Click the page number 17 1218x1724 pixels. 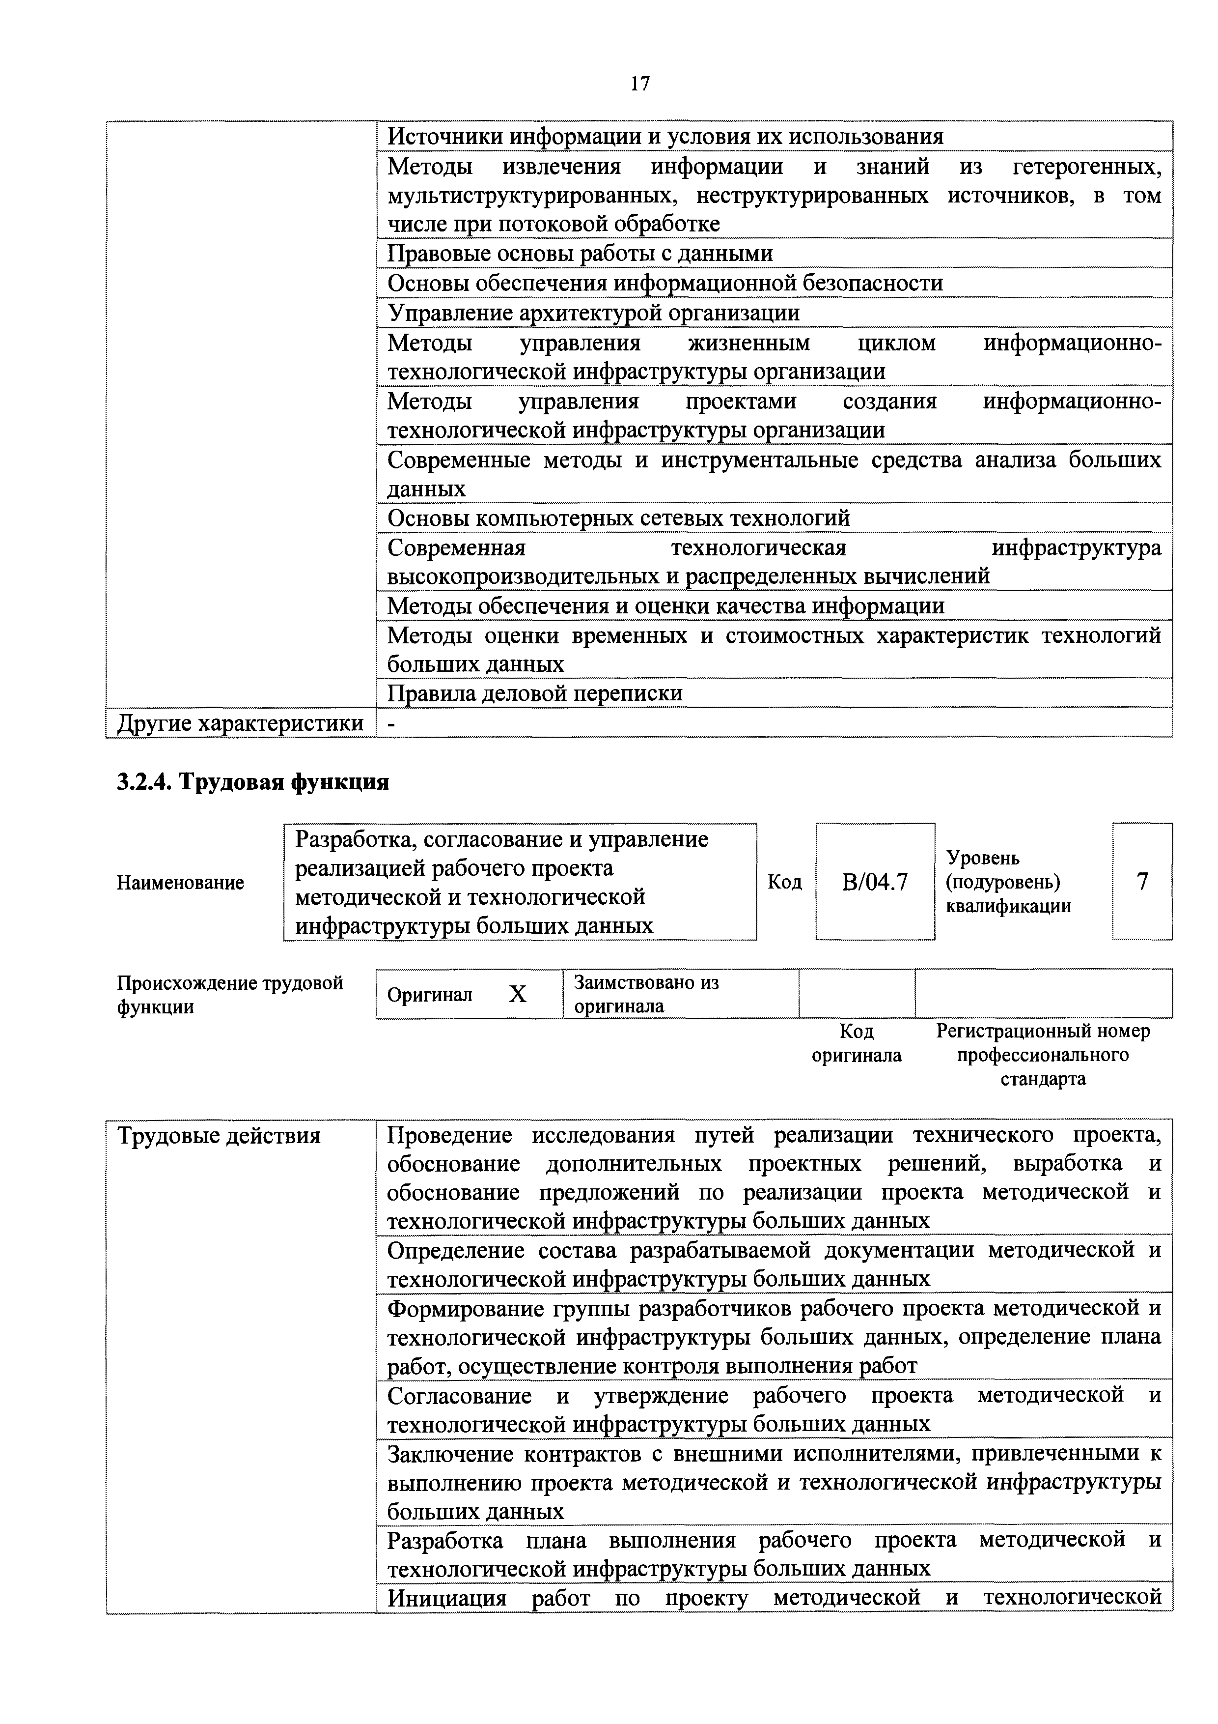pos(639,84)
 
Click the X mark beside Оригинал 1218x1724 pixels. pos(518,994)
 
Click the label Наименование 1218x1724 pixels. pos(180,883)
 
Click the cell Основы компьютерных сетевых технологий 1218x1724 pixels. pos(618,517)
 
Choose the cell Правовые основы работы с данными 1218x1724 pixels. pos(580,254)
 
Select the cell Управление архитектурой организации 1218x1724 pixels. pos(593,313)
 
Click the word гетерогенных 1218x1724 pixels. pos(1087,166)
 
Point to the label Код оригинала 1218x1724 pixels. pos(856,1043)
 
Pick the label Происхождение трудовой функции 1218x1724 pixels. pos(230,994)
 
